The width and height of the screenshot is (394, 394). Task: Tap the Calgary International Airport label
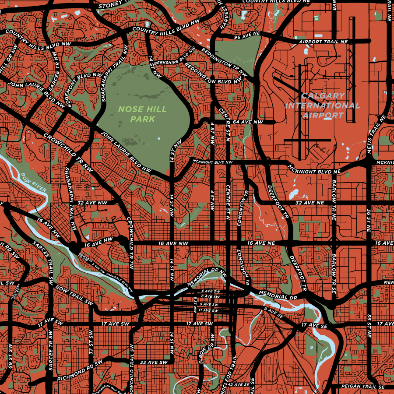323,106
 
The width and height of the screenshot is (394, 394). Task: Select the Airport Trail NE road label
323,42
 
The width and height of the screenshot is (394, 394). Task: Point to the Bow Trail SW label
74,296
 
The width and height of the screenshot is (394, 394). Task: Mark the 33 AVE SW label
154,362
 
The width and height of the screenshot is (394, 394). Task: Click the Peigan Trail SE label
363,387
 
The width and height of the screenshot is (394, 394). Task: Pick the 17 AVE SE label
314,326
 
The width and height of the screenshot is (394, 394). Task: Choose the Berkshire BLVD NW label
174,57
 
